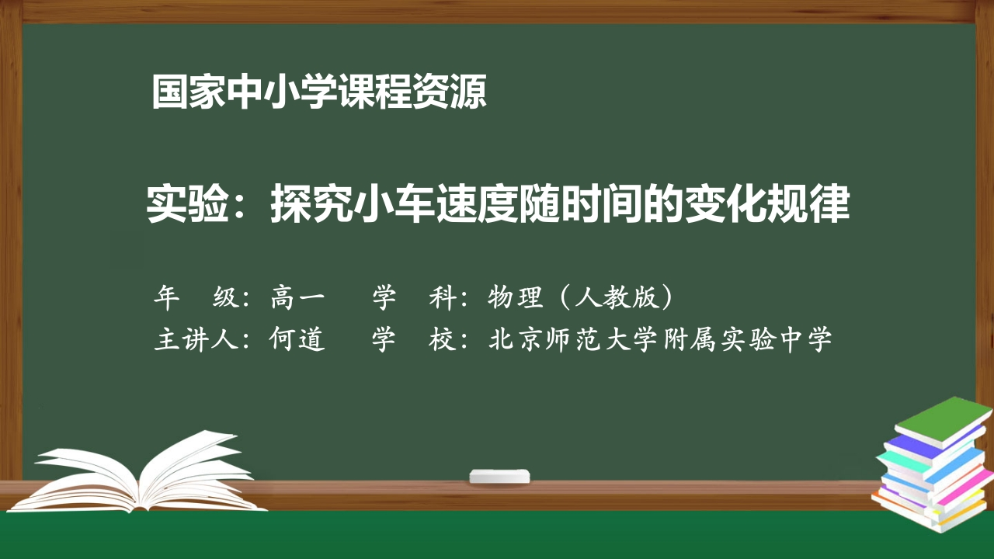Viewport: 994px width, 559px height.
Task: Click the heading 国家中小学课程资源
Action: click(x=319, y=92)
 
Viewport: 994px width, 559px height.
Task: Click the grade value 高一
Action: click(x=298, y=297)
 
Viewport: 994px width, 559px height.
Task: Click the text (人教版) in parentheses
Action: click(x=614, y=297)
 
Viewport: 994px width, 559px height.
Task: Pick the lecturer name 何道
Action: click(x=298, y=339)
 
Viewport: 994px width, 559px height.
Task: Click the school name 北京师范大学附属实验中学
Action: click(x=661, y=339)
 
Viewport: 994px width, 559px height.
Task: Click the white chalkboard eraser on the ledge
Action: click(x=499, y=475)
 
